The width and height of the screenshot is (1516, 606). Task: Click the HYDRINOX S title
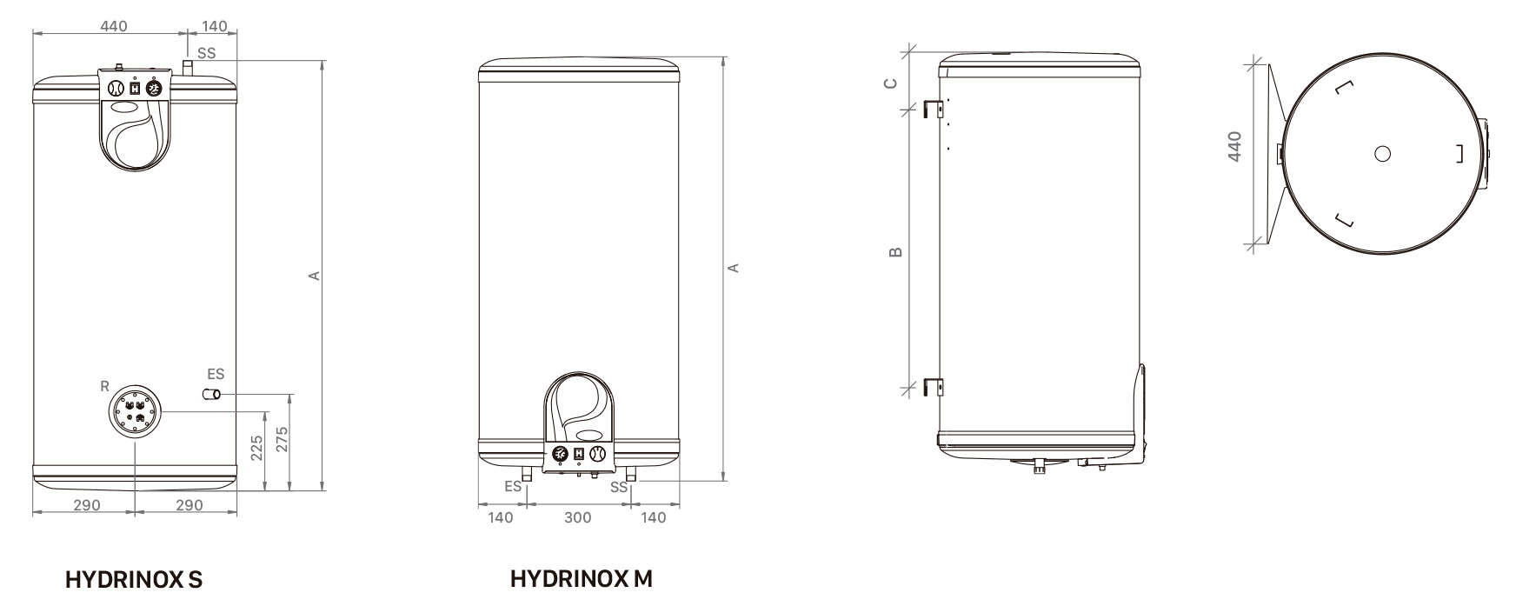click(134, 580)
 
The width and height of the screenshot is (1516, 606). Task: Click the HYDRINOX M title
click(581, 578)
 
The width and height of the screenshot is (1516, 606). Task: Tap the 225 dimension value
click(256, 448)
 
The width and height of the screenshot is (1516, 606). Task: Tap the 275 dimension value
click(282, 442)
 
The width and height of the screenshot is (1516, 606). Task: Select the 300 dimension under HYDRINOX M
click(577, 518)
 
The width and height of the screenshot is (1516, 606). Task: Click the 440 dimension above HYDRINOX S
click(113, 26)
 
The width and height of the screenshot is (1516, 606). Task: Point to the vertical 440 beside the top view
click(1234, 146)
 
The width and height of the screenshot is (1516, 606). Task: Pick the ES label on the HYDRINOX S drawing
click(216, 374)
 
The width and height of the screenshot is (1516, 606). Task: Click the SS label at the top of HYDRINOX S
click(206, 53)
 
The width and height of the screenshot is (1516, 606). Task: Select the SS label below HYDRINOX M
click(619, 488)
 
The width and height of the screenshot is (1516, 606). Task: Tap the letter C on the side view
click(890, 83)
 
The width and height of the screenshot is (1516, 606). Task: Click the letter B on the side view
click(896, 253)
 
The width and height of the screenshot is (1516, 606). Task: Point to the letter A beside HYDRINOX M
click(734, 268)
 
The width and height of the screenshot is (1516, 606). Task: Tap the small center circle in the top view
click(1381, 154)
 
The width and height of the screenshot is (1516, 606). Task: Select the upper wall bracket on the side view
click(934, 109)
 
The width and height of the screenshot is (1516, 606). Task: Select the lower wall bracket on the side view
click(934, 386)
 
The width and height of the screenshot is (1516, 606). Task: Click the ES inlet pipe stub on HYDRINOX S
click(211, 396)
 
